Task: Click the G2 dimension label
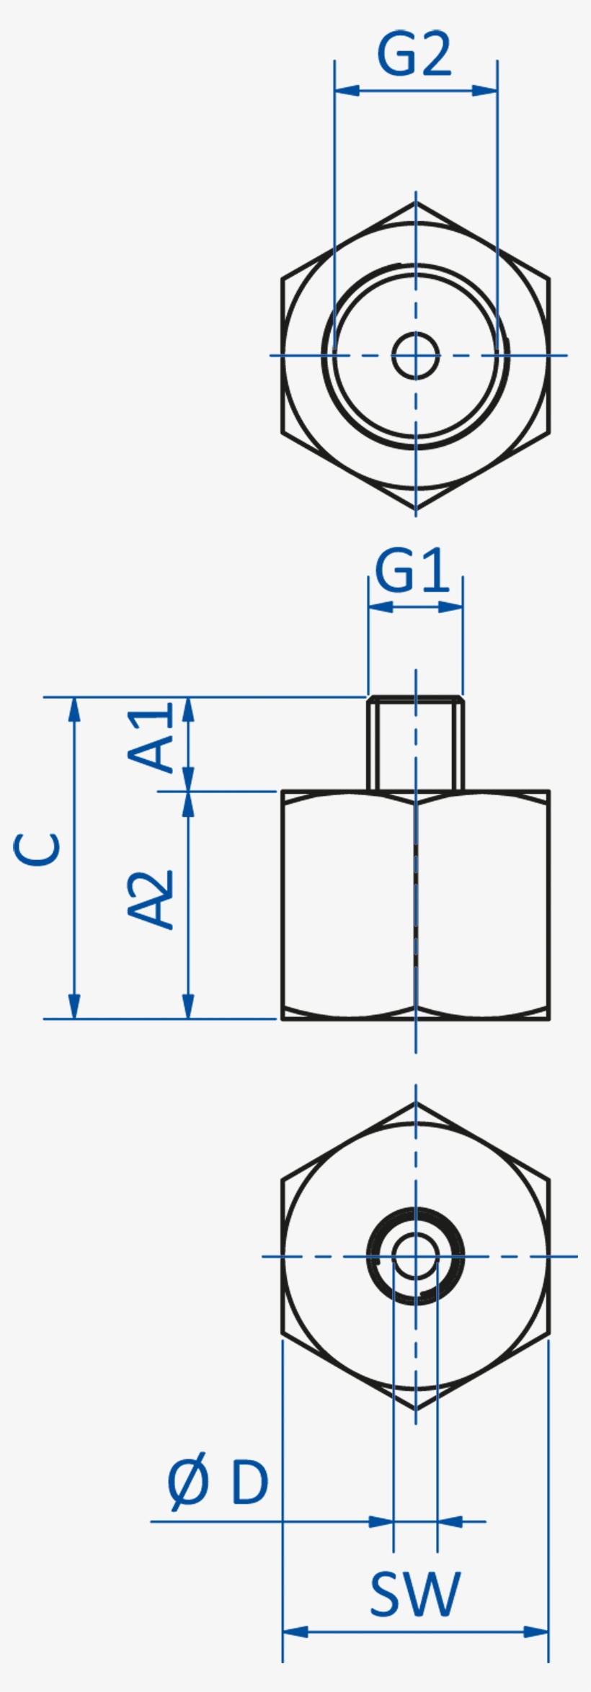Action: [414, 55]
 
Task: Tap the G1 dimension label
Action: [412, 573]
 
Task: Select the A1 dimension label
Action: [152, 738]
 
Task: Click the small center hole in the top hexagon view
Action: [416, 355]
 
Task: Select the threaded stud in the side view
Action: [416, 743]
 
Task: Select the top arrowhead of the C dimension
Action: [74, 709]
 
